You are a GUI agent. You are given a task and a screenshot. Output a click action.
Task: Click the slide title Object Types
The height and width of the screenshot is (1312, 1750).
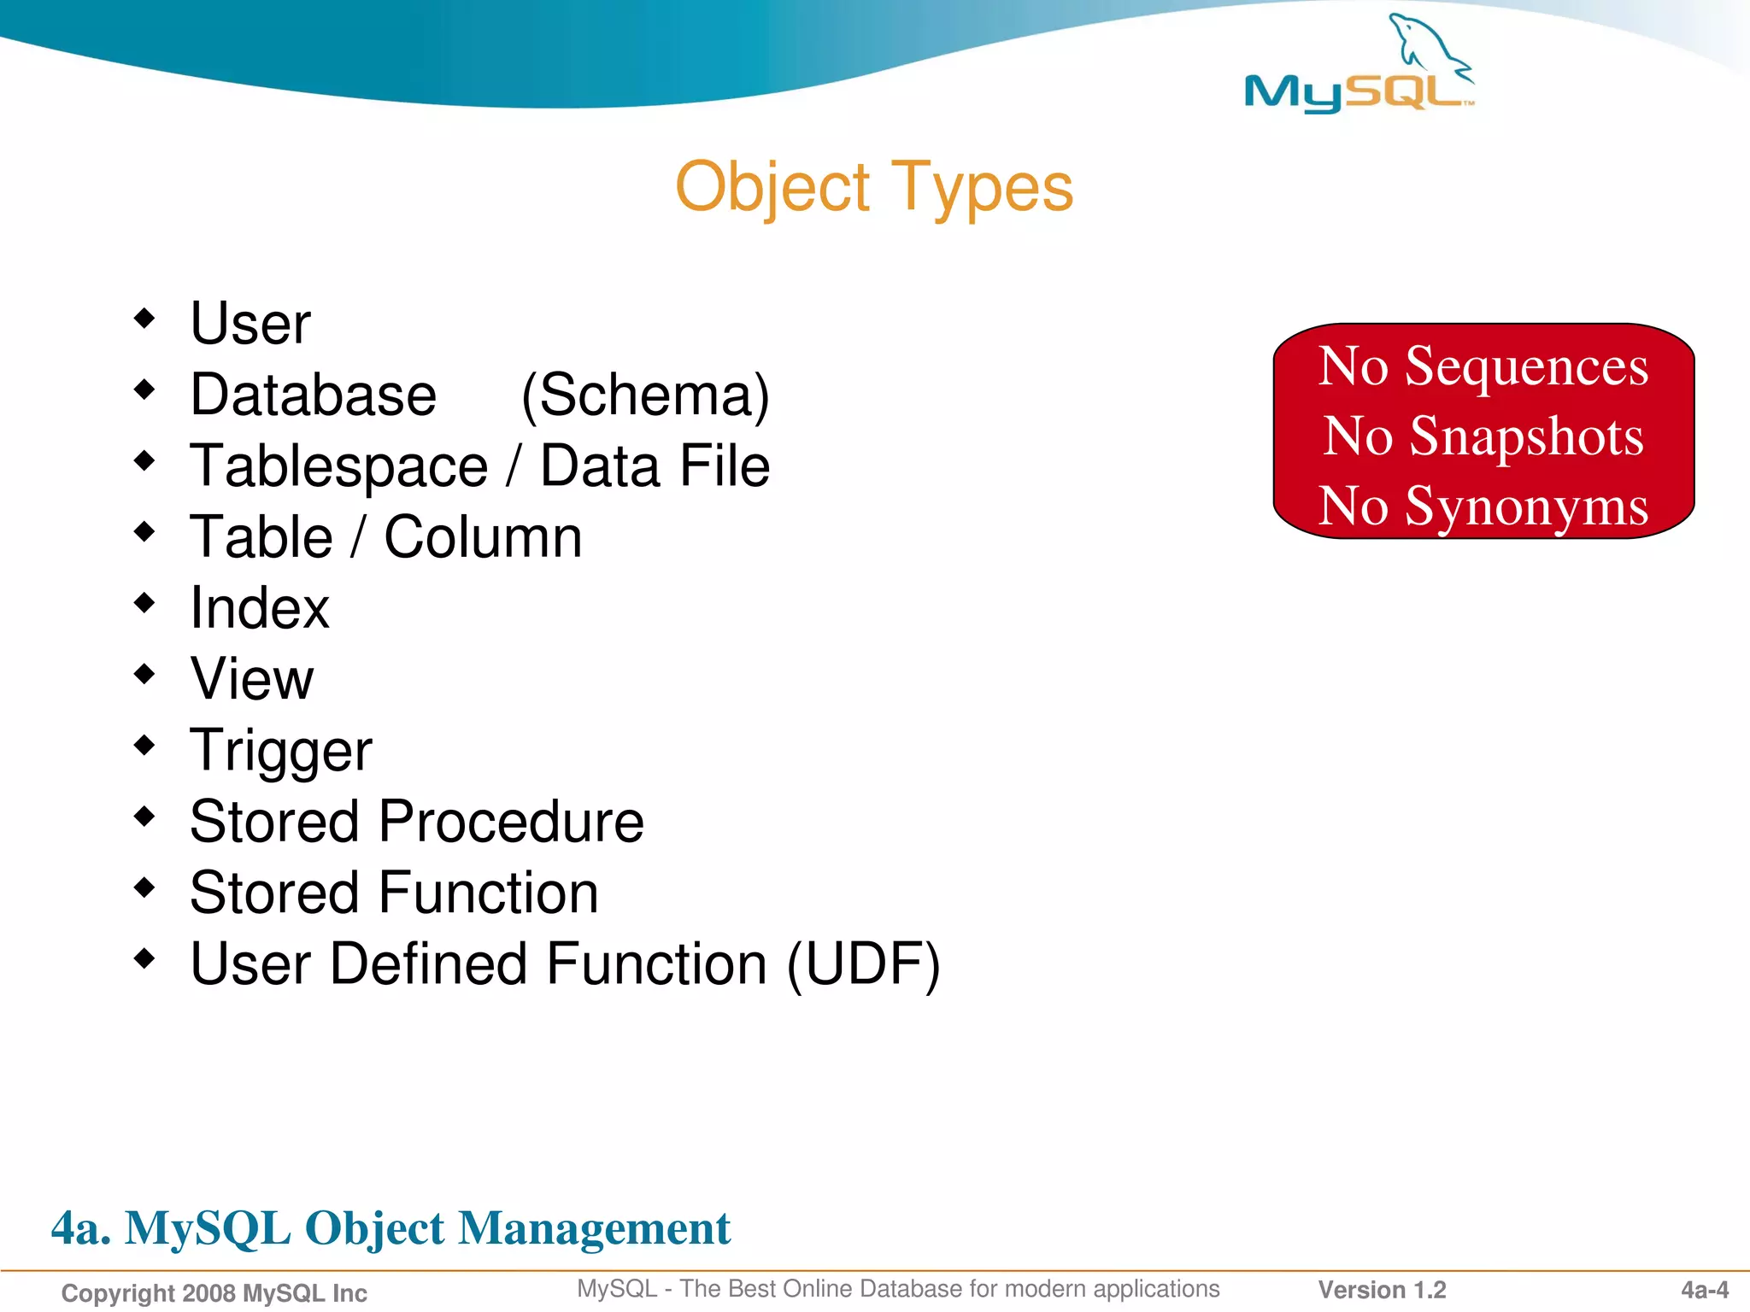[x=873, y=187]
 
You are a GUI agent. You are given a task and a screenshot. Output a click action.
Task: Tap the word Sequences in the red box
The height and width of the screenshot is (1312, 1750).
[x=1526, y=366]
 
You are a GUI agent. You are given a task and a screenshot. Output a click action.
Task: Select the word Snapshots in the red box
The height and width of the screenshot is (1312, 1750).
[x=1526, y=436]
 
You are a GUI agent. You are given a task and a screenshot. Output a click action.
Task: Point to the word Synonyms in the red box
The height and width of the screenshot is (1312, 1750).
[x=1526, y=507]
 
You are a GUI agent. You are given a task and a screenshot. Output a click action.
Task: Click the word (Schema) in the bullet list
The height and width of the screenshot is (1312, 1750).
[x=645, y=395]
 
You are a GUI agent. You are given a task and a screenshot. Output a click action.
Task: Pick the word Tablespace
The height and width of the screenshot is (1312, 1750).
[x=339, y=467]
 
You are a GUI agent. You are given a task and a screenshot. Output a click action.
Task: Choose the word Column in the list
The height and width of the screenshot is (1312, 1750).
[x=483, y=537]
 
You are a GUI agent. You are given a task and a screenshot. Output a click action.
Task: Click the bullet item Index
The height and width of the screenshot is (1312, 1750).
[x=260, y=608]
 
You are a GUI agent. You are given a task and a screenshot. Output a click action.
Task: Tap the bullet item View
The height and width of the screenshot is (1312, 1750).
[x=252, y=679]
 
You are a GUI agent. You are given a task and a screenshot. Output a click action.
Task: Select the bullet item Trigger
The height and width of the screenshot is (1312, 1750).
[x=281, y=751]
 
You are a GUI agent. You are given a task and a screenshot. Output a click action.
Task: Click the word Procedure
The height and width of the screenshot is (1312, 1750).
[x=511, y=822]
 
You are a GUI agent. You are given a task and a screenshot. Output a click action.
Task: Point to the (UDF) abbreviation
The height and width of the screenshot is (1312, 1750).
[x=863, y=964]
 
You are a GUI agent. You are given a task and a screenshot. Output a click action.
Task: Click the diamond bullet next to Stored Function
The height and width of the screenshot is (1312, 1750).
[x=144, y=887]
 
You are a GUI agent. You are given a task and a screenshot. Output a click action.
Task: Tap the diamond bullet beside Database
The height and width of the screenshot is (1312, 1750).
[x=144, y=390]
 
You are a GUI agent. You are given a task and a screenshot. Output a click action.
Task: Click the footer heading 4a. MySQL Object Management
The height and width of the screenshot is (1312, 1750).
[x=391, y=1228]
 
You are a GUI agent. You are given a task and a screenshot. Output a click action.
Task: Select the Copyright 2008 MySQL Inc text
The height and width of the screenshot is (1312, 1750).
[x=214, y=1293]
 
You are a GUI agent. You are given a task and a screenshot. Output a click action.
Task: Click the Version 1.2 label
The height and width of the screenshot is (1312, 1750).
[x=1382, y=1290]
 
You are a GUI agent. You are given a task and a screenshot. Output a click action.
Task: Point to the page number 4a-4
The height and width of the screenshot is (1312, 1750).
[x=1704, y=1290]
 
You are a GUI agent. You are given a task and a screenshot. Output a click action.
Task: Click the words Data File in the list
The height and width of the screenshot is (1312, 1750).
[x=655, y=466]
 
